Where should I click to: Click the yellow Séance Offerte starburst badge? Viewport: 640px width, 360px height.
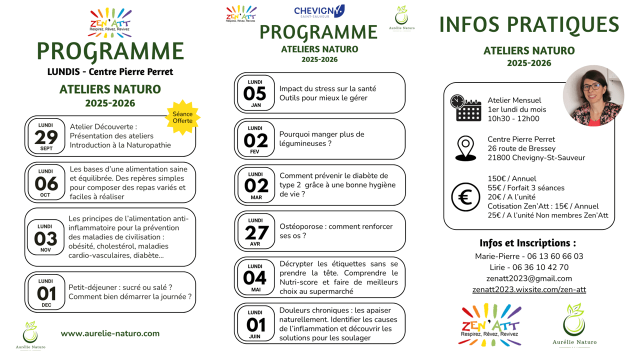(x=182, y=117)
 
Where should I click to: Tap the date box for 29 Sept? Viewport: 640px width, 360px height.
(x=46, y=136)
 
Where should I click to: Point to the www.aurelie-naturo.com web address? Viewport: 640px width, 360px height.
(x=110, y=333)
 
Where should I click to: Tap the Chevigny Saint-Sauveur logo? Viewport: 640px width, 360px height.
(x=319, y=11)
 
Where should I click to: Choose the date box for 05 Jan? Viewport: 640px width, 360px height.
(x=255, y=93)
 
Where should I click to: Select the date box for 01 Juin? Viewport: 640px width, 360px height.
(x=255, y=324)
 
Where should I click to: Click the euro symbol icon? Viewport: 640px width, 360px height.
(x=465, y=197)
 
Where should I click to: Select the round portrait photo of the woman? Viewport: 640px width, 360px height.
(x=593, y=95)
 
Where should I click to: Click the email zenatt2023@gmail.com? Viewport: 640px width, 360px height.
(x=529, y=278)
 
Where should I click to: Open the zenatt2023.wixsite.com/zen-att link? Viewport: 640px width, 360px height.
(x=529, y=289)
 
